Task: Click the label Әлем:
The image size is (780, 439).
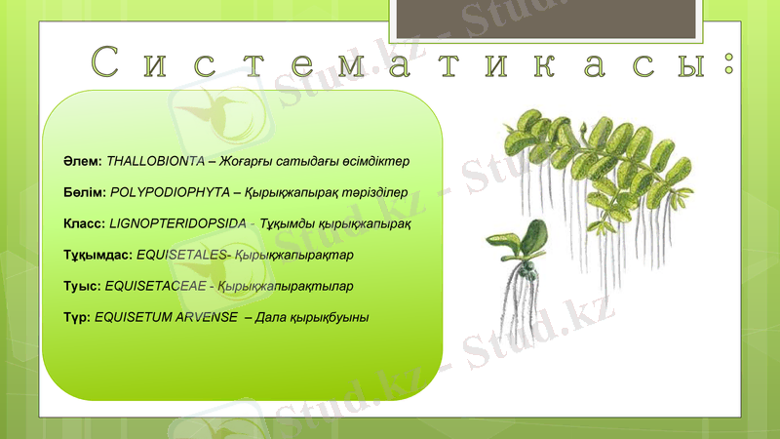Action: [x=80, y=160]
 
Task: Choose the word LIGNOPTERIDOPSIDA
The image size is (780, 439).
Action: [x=178, y=223]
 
